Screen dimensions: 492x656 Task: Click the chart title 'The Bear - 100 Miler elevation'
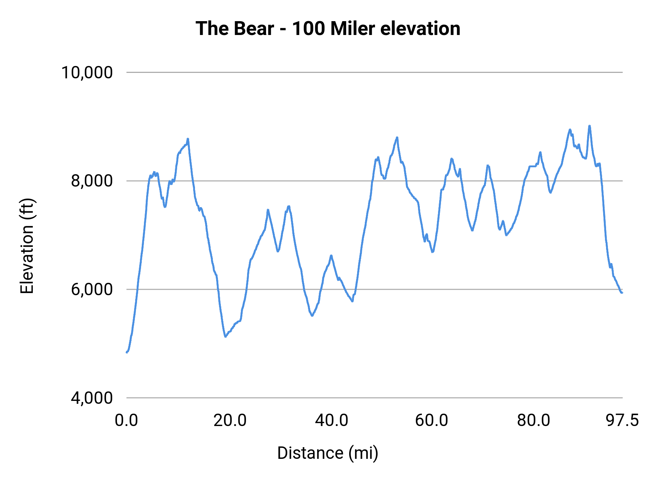[x=328, y=28]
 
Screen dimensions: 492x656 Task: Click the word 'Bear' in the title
[x=254, y=28]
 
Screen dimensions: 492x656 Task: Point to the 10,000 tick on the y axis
[x=87, y=72]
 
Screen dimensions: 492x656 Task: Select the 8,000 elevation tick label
[x=91, y=181]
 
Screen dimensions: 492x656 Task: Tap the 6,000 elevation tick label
[x=91, y=289]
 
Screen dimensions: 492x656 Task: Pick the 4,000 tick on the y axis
[x=91, y=398]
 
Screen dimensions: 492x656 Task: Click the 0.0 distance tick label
[x=126, y=420]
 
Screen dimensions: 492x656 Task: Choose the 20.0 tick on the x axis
[x=230, y=420]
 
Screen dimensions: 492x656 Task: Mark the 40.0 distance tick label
[x=332, y=420]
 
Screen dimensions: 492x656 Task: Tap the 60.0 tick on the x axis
[x=432, y=420]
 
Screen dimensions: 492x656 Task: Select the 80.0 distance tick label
[x=534, y=420]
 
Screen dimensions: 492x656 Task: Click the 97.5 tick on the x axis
[x=622, y=420]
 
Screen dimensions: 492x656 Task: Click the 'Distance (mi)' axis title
[x=328, y=453]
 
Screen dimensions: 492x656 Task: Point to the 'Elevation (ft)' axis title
[x=27, y=246]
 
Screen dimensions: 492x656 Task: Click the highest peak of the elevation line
[x=589, y=126]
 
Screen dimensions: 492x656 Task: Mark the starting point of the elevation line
[x=127, y=352]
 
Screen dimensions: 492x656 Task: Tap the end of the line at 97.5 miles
[x=622, y=292]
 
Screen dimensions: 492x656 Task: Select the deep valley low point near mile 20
[x=226, y=336]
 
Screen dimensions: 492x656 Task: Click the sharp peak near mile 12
[x=188, y=139]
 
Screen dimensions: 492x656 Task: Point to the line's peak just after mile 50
[x=397, y=137]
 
